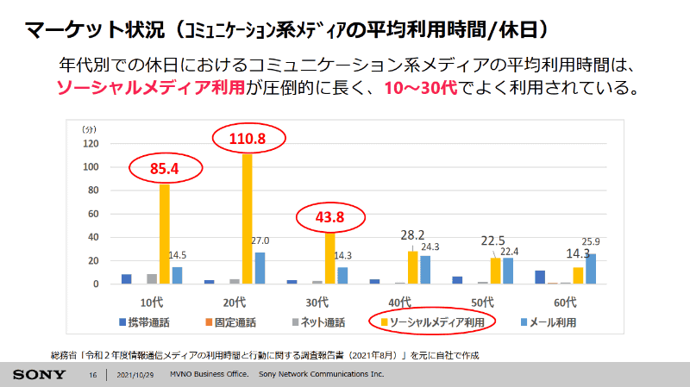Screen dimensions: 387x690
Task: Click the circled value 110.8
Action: [247, 138]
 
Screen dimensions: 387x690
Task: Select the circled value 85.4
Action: [164, 169]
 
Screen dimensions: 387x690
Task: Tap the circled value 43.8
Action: [329, 217]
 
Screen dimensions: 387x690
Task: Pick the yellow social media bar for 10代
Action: [164, 233]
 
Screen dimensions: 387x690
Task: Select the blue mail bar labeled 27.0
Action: [260, 268]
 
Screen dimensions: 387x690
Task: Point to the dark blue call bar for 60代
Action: [540, 278]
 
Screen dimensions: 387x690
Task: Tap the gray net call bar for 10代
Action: [152, 279]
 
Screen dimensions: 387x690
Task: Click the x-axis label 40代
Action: [400, 302]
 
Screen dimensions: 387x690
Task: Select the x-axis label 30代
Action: [317, 302]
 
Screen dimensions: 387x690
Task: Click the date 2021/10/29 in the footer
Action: [135, 376]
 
